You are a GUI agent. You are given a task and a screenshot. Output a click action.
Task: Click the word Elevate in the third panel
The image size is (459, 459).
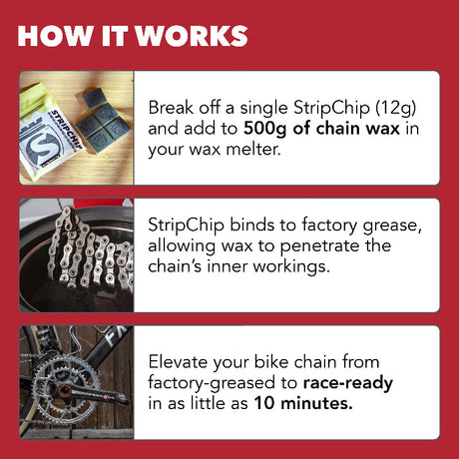tap(180, 361)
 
